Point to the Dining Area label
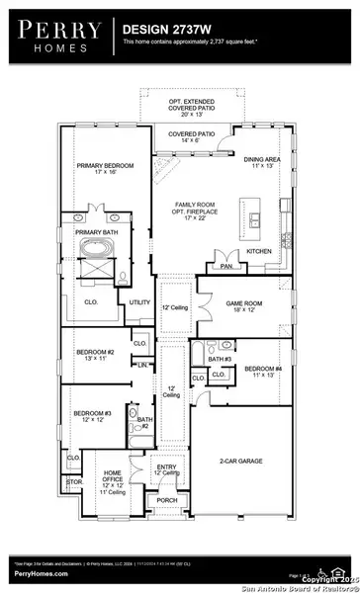261,160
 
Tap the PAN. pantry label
226,265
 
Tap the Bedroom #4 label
262,374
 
